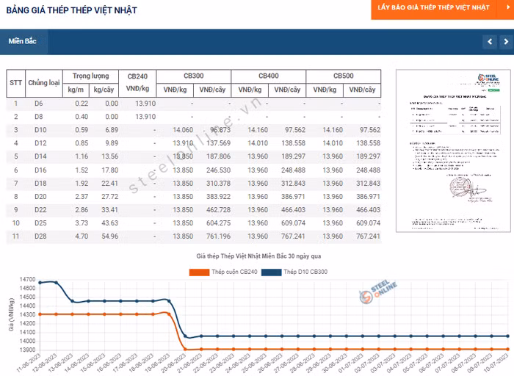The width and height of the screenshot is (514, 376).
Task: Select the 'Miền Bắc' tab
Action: [23, 42]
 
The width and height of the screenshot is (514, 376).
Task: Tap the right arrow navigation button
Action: [507, 42]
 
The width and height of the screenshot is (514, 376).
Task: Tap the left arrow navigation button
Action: [490, 42]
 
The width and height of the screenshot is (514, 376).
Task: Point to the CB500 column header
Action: [344, 76]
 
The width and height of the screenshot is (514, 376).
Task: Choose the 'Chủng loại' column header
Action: [44, 83]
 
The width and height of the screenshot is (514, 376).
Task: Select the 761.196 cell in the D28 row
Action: [214, 236]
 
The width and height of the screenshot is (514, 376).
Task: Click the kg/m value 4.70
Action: [81, 236]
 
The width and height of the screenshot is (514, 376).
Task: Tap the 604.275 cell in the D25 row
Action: [214, 223]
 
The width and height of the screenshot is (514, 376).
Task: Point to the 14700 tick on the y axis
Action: [28, 280]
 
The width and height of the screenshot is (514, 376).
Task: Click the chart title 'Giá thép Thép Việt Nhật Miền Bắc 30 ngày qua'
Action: [258, 256]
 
